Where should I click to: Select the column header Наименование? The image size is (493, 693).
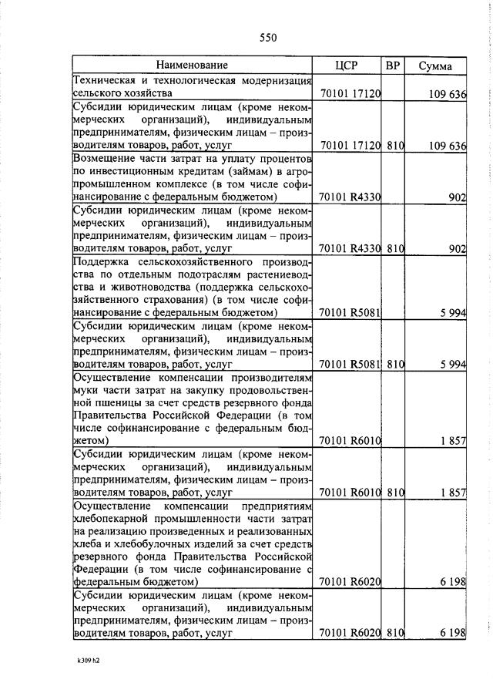click(x=193, y=66)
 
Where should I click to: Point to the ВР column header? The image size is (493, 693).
click(x=393, y=66)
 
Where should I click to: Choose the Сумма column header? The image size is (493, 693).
click(x=435, y=66)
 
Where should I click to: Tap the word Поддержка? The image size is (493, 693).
click(x=102, y=264)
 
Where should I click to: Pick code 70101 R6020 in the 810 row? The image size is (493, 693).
click(x=350, y=633)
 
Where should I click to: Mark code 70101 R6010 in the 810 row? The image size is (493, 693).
click(x=350, y=491)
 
